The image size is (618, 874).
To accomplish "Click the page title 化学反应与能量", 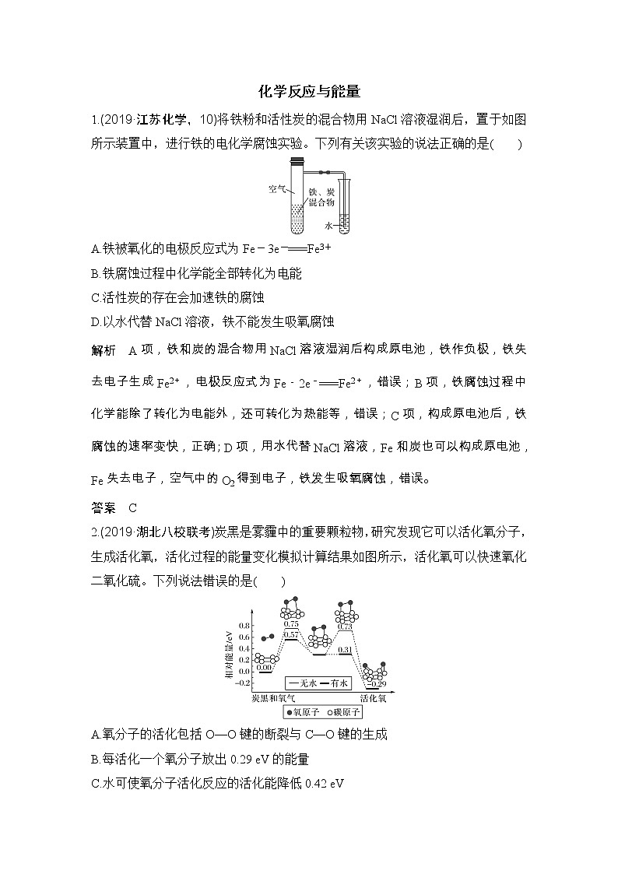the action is [309, 92].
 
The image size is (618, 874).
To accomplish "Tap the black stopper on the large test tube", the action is [297, 161].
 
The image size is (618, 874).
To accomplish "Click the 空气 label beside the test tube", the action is [277, 188].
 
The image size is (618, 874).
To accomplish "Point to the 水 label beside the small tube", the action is [328, 225].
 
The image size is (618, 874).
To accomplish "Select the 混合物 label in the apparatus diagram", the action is [321, 202].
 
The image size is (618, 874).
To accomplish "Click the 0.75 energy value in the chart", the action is [291, 623].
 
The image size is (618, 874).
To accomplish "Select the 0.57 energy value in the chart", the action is [291, 635].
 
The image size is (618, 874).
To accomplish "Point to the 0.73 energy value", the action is [346, 626].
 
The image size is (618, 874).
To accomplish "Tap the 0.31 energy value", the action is [346, 649].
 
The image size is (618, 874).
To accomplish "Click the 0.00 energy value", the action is [265, 668].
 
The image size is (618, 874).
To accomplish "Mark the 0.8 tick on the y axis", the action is [244, 625].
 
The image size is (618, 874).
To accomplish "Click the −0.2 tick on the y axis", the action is [242, 683].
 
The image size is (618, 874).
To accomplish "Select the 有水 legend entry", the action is [336, 683].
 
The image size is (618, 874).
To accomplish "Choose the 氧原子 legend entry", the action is [300, 711].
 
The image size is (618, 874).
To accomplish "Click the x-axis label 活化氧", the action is [373, 699].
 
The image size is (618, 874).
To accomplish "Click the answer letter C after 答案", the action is [133, 508].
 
